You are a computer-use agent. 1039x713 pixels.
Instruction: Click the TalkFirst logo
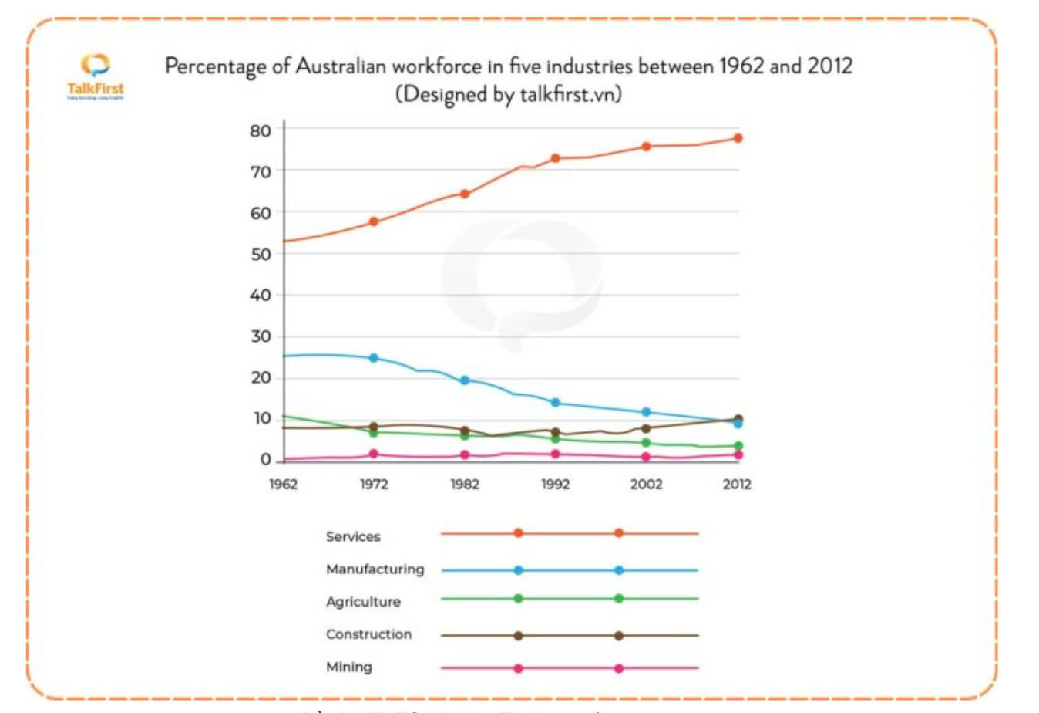point(95,76)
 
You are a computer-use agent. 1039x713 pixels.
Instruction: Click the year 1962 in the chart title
point(741,66)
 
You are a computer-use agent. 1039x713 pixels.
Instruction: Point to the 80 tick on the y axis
point(261,130)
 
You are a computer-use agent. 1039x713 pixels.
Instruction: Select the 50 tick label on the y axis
point(261,254)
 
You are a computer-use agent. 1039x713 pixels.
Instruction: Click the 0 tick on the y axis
point(266,459)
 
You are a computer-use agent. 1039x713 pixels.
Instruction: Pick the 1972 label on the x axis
point(374,484)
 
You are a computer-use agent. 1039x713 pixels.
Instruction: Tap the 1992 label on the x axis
point(555,484)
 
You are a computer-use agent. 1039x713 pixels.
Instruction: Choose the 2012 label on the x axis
point(737,484)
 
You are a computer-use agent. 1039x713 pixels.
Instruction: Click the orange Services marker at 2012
point(738,138)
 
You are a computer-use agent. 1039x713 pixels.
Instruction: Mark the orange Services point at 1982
point(465,194)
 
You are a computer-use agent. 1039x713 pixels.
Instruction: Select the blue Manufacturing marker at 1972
point(374,358)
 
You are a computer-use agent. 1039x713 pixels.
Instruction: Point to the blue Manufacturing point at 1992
point(555,403)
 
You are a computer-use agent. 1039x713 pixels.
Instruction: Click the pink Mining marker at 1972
point(374,454)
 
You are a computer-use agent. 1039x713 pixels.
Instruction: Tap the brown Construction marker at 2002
point(646,428)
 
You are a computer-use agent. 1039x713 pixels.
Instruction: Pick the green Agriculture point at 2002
point(646,443)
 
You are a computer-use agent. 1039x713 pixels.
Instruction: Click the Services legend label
point(353,536)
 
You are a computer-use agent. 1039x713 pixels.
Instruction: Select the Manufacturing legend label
point(375,569)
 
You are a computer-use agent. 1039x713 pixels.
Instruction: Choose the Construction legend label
point(368,634)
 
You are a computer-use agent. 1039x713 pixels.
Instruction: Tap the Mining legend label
point(348,667)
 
